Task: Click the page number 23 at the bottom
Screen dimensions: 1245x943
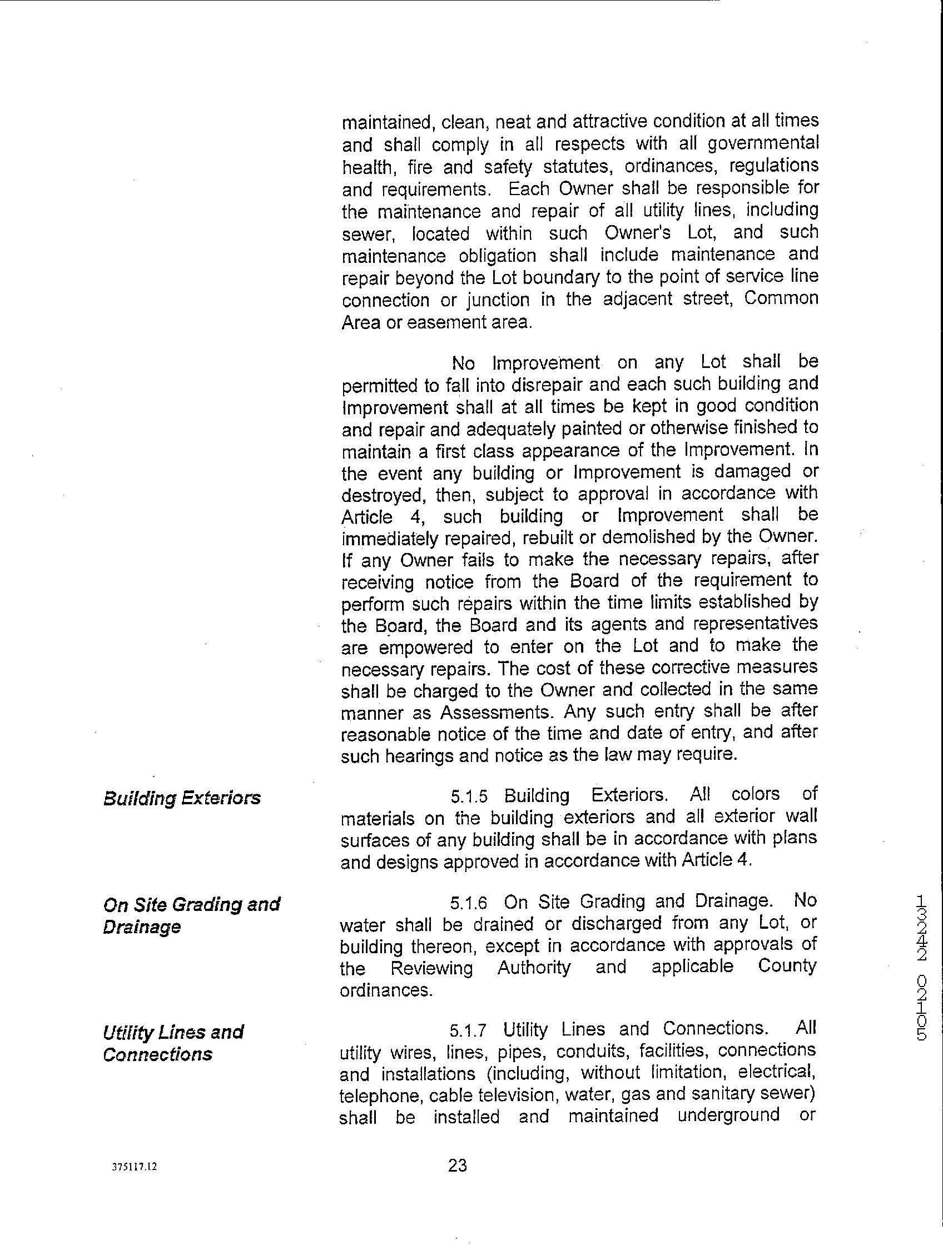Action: [x=457, y=1166]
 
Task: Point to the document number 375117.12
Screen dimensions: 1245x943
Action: [x=134, y=1167]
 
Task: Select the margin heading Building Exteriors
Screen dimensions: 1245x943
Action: [x=182, y=798]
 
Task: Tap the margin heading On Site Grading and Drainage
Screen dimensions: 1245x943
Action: [x=191, y=915]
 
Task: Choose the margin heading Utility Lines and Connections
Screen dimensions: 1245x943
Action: [x=173, y=1043]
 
